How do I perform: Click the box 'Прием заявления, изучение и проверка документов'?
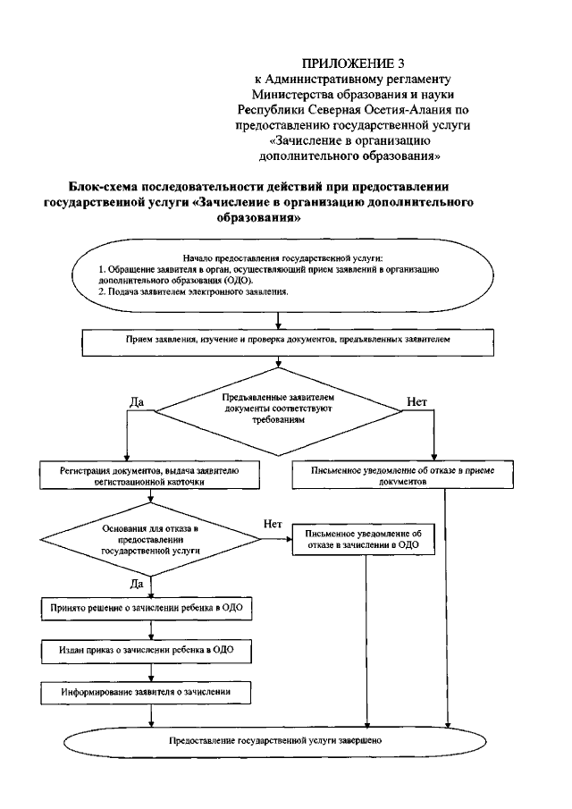[282, 341]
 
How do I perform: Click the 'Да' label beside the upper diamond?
[138, 401]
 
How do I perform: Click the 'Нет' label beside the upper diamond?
[417, 401]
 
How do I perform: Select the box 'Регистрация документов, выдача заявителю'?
[149, 475]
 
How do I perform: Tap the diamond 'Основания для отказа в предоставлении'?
[149, 540]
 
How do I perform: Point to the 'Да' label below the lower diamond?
[138, 583]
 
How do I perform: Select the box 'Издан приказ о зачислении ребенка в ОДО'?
[149, 650]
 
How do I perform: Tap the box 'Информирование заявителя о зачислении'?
[149, 691]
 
